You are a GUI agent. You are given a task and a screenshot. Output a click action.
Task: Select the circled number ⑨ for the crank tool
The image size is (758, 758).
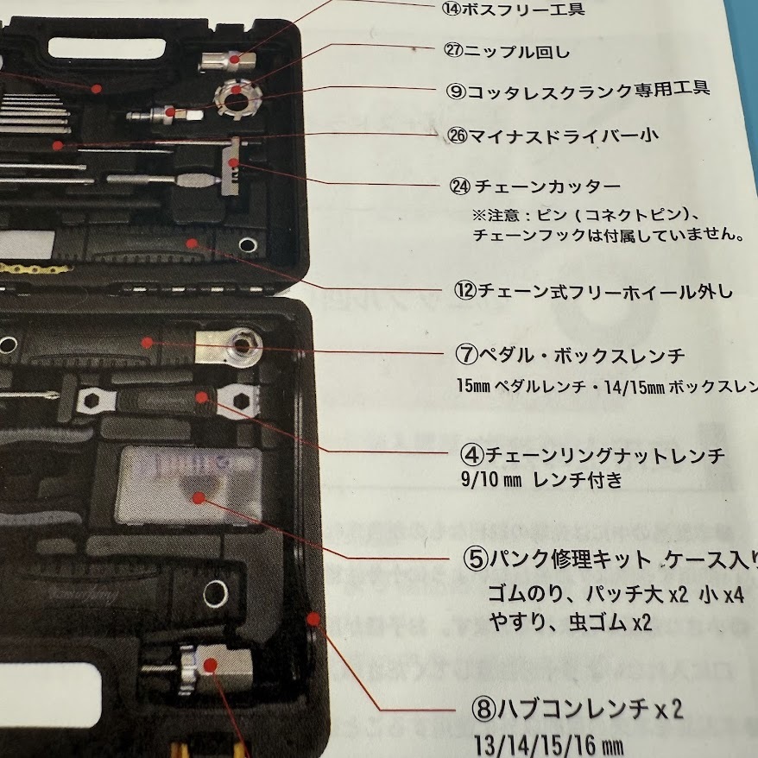(x=456, y=89)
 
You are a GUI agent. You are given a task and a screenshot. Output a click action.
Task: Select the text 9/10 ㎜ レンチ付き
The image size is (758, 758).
(x=541, y=481)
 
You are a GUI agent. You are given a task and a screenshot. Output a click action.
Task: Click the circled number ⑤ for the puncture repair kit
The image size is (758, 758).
(x=476, y=559)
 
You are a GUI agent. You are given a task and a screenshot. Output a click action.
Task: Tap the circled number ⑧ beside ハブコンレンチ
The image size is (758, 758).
(x=483, y=710)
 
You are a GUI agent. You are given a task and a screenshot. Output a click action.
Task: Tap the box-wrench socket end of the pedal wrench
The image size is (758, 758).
(x=239, y=347)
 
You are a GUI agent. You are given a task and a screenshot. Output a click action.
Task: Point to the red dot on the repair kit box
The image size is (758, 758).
(x=199, y=498)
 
